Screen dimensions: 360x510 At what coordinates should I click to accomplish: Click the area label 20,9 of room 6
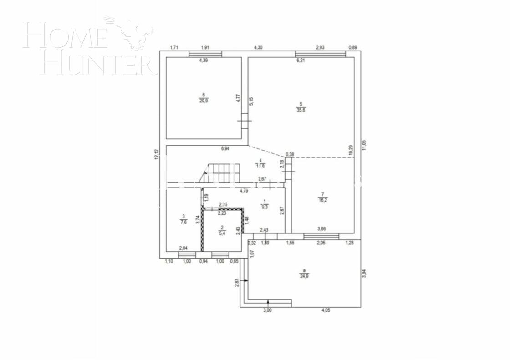tap(204, 101)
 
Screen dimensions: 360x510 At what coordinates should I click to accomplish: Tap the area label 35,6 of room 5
tap(301, 110)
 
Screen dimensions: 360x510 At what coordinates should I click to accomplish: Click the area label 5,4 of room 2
tap(222, 233)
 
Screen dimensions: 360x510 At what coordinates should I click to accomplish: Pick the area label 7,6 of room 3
tap(184, 223)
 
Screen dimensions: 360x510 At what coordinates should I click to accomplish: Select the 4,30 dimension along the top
tap(258, 47)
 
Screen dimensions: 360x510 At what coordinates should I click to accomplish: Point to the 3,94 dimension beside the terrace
tap(364, 273)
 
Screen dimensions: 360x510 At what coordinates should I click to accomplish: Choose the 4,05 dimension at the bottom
tap(326, 310)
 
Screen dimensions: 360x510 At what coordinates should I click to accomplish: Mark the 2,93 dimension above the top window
tap(321, 47)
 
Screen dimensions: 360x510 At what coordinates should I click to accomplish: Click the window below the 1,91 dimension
tap(205, 54)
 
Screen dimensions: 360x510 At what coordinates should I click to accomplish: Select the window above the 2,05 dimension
tap(321, 236)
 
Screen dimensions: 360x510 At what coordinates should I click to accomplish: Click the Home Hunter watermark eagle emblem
tap(132, 32)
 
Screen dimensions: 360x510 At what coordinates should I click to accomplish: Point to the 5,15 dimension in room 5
tap(251, 101)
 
